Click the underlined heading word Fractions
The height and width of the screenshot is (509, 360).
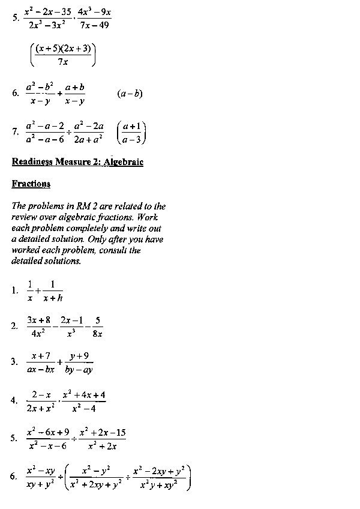(31, 184)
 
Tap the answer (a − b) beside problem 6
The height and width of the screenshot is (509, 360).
(130, 94)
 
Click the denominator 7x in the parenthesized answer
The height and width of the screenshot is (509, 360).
(62, 61)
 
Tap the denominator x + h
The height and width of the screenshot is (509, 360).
(53, 299)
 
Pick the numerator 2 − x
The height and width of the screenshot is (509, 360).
(41, 394)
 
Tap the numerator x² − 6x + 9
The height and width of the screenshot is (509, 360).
(48, 432)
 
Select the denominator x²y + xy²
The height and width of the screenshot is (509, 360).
(160, 485)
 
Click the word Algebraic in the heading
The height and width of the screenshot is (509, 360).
(123, 162)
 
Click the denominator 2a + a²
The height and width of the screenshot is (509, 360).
(89, 139)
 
